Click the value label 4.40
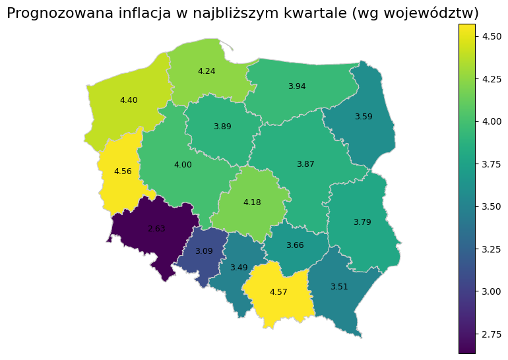pos(129,100)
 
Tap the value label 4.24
pos(206,71)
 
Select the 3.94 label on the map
pos(297,86)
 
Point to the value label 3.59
pos(364,117)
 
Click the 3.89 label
pos(222,127)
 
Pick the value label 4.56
pos(123,171)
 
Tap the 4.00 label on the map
pos(183,165)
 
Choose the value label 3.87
pos(305,164)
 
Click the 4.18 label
pos(252,202)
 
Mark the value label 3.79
pos(362,222)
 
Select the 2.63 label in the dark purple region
pos(156,229)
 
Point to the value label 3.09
pos(204,251)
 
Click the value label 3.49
pos(239,268)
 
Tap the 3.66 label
pos(295,245)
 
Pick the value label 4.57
pos(278,291)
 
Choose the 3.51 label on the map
pos(339,287)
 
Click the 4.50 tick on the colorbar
pos(492,36)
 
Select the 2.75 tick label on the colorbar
pos(492,334)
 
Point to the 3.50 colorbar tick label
pos(492,206)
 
